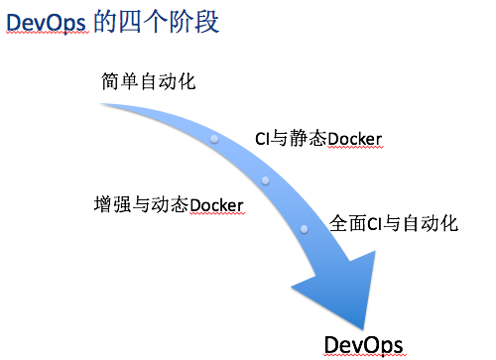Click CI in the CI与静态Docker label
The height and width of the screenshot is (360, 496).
tap(263, 138)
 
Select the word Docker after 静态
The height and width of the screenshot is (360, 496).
tap(354, 138)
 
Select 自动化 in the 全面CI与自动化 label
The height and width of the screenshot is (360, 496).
tap(432, 224)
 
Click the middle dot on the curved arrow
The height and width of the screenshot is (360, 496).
tap(266, 181)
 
